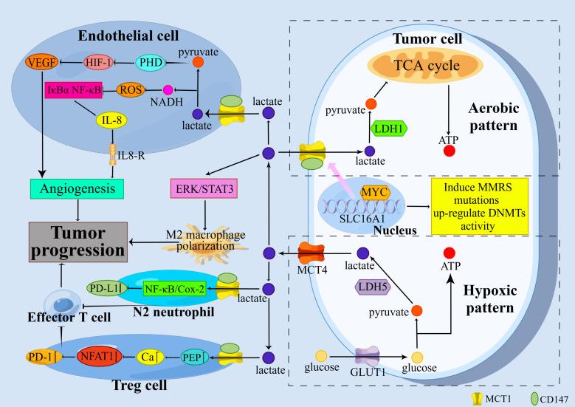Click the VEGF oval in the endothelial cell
37,63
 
